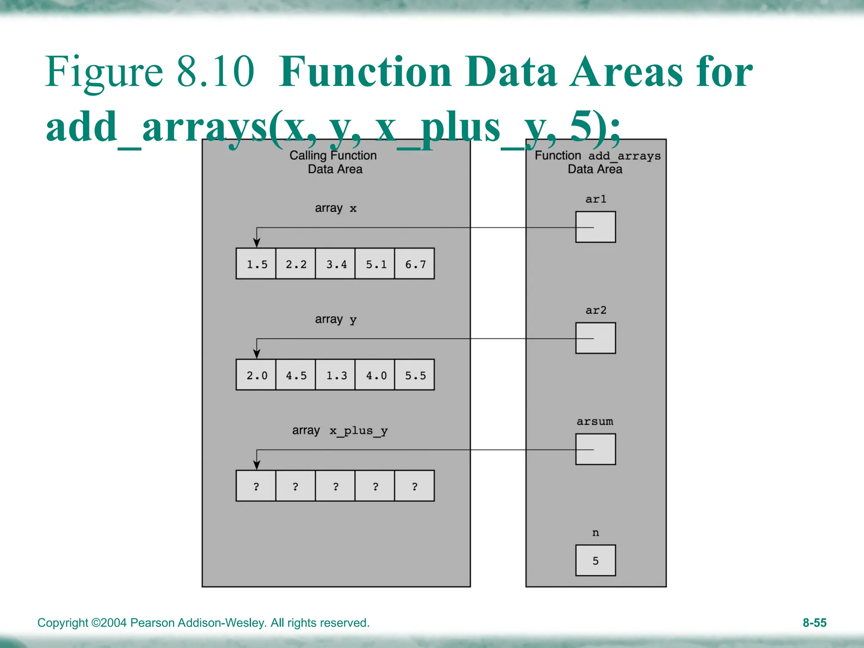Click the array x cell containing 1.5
click(256, 264)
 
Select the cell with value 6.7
click(415, 264)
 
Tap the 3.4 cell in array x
click(335, 264)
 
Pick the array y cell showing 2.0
click(256, 375)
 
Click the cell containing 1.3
click(335, 375)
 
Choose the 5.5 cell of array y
click(415, 375)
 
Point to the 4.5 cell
click(295, 375)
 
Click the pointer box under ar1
click(595, 227)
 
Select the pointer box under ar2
click(595, 338)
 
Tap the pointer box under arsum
click(595, 449)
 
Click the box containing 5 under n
click(595, 560)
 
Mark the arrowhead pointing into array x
click(256, 243)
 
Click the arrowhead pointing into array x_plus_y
click(256, 465)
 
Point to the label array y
click(335, 319)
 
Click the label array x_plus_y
click(340, 431)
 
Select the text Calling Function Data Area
click(333, 162)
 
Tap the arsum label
click(595, 421)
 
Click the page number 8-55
click(814, 623)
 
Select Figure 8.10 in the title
click(150, 72)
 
